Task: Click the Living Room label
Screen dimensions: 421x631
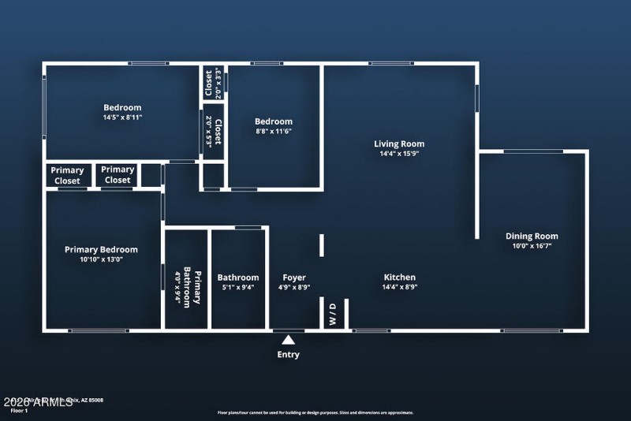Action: pos(398,143)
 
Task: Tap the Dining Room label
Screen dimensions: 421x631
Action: pos(532,236)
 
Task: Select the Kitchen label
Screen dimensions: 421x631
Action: pos(399,277)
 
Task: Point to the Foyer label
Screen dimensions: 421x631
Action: pos(294,278)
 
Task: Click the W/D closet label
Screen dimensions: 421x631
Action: pos(332,315)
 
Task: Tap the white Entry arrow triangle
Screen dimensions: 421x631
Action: pos(289,340)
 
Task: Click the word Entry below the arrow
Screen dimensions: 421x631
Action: pos(289,355)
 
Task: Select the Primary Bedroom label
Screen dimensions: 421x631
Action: pos(101,249)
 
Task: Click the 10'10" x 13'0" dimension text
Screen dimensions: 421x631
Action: pos(101,259)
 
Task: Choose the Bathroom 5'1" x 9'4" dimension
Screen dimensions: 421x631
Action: pos(238,288)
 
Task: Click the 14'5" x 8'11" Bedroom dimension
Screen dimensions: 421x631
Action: pos(122,117)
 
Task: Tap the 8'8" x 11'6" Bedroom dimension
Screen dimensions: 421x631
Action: pos(274,131)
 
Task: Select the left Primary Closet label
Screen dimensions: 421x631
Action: pos(67,175)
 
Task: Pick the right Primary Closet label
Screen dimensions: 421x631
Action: pos(118,175)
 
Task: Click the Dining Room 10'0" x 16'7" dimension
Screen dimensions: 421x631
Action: pos(532,246)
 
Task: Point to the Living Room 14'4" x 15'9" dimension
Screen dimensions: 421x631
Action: pos(398,154)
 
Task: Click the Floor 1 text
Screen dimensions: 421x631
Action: pos(18,411)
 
